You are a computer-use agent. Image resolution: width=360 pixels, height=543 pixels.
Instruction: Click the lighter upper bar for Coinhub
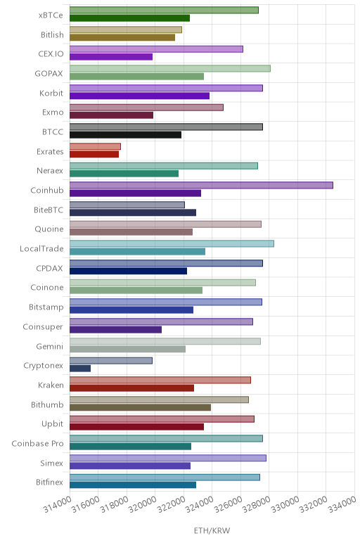point(201,185)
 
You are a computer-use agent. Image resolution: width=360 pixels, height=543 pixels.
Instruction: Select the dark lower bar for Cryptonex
point(80,369)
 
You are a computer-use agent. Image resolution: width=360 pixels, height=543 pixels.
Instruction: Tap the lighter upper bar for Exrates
point(95,146)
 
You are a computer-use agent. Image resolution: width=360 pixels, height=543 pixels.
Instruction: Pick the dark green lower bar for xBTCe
point(129,18)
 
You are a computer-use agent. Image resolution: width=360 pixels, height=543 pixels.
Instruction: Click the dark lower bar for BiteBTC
point(133,212)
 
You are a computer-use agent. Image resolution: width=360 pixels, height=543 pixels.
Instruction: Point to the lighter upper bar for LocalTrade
point(172,244)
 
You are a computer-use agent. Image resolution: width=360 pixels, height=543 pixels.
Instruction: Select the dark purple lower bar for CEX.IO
point(111,57)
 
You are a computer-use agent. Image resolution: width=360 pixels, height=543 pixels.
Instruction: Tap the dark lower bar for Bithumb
point(140,407)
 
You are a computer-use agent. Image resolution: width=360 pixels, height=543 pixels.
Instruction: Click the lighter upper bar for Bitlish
point(126,30)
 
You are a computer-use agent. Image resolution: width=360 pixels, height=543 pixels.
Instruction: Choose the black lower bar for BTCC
point(125,135)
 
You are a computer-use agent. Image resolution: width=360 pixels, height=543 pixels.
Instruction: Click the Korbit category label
point(51,93)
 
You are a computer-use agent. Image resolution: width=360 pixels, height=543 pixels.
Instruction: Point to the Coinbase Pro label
point(37,444)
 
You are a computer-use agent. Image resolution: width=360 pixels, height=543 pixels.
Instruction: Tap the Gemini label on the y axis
point(49,346)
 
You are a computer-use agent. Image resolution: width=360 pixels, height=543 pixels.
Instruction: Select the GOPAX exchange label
point(49,73)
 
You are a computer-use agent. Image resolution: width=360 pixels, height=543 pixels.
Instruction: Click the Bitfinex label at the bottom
point(49,482)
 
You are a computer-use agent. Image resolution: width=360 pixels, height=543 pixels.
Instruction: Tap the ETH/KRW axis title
point(212,530)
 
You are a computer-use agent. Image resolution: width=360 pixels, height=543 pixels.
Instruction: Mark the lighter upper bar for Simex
point(168,458)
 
